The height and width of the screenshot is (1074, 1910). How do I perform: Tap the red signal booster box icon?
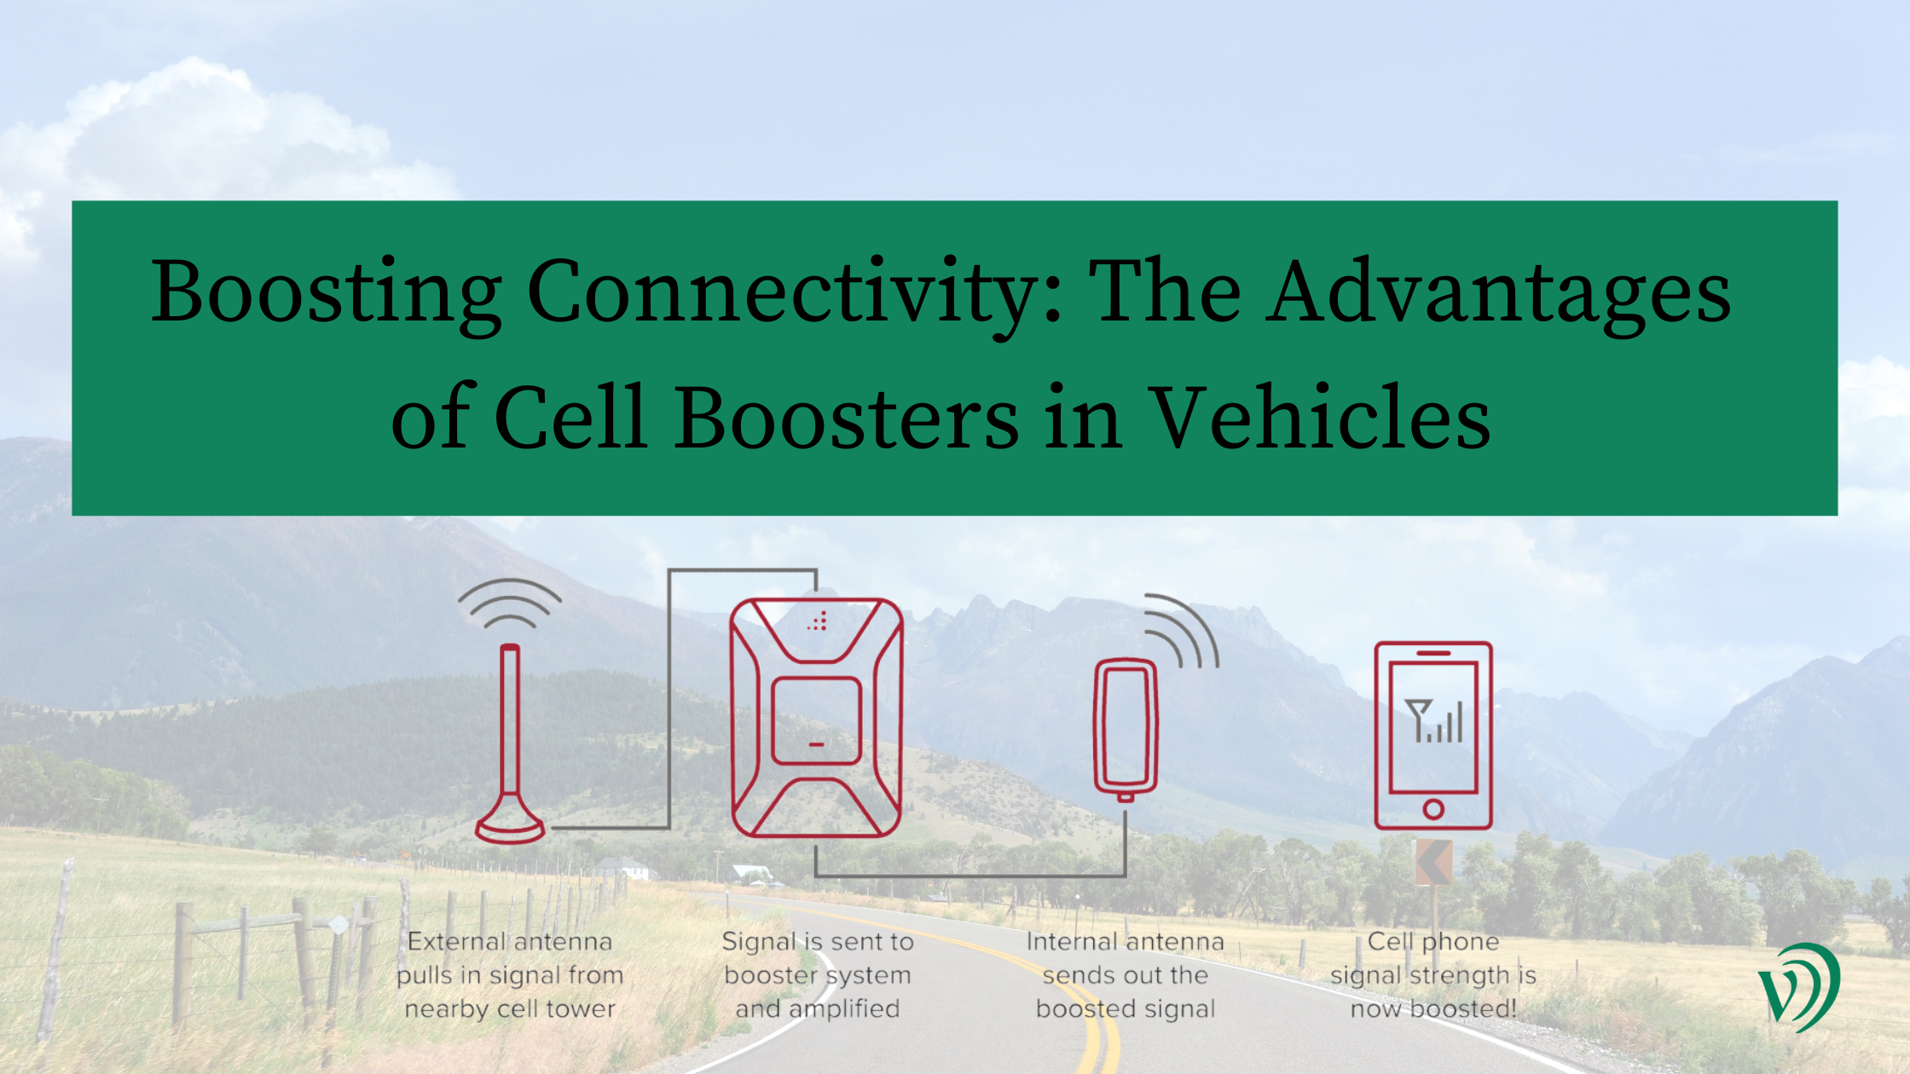click(x=816, y=718)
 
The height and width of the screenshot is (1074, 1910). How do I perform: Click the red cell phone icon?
click(x=1433, y=735)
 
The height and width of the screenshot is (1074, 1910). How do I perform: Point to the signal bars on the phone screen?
click(x=1434, y=721)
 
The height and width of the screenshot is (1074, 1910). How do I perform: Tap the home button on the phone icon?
click(x=1433, y=809)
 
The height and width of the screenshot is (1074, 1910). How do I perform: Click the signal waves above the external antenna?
click(x=510, y=603)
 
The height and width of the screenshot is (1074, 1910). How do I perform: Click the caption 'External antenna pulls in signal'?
click(x=510, y=975)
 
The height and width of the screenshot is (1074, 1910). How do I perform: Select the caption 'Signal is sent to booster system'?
click(x=818, y=975)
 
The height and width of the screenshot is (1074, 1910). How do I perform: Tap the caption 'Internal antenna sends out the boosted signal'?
click(x=1126, y=975)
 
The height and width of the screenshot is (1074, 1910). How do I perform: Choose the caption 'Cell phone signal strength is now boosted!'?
click(x=1433, y=975)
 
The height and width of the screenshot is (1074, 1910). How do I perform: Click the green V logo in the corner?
click(x=1798, y=987)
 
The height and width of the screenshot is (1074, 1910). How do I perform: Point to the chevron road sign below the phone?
click(x=1433, y=862)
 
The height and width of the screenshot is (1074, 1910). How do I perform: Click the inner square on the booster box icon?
click(x=816, y=721)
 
